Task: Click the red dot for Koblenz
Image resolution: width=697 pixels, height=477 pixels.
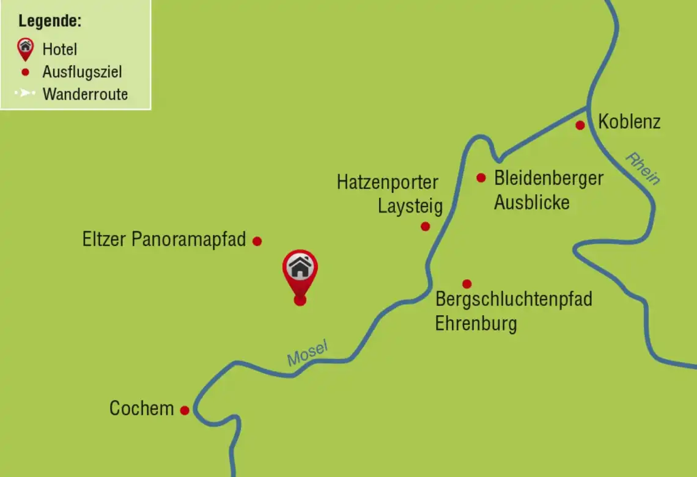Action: click(x=580, y=125)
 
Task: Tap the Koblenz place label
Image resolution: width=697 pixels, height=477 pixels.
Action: click(x=629, y=122)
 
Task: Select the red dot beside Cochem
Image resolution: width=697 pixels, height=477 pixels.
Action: click(x=185, y=410)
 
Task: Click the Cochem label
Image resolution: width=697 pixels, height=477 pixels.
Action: click(x=141, y=408)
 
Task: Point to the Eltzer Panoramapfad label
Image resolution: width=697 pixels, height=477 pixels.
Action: click(x=164, y=239)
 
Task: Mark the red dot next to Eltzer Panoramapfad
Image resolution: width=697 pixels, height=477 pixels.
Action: click(x=257, y=241)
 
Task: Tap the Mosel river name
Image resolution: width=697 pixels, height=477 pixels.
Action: click(x=308, y=354)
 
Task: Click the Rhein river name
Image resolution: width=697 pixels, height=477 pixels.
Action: click(x=643, y=168)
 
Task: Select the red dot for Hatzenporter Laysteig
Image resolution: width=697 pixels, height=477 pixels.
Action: click(x=426, y=227)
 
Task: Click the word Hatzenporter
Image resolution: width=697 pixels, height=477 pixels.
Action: click(x=388, y=182)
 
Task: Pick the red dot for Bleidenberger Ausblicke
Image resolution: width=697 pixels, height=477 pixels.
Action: click(x=481, y=178)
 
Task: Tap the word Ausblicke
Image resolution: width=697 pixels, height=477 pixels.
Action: click(x=531, y=202)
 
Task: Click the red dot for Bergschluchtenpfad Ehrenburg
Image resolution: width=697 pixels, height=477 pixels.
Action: click(x=467, y=283)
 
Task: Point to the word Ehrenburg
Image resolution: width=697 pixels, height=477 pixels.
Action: click(x=476, y=323)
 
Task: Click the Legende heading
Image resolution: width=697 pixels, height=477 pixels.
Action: click(x=50, y=21)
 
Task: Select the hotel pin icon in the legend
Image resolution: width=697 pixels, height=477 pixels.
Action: click(x=25, y=48)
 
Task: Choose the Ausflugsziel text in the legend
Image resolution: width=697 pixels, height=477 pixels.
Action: click(x=82, y=72)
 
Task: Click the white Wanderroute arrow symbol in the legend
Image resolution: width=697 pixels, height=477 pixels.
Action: click(x=25, y=94)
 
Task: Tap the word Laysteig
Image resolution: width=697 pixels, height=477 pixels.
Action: click(x=410, y=206)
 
